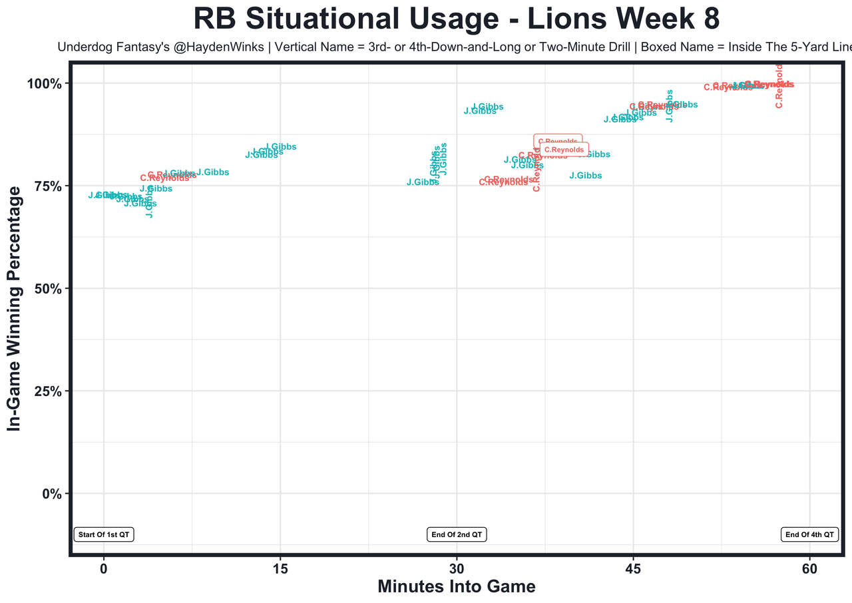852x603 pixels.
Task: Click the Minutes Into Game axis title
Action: [457, 586]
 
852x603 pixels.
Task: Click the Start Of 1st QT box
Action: [104, 534]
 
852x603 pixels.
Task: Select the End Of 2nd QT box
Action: [457, 534]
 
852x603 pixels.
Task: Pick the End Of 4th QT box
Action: [809, 534]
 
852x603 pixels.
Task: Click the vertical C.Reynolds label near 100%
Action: [779, 86]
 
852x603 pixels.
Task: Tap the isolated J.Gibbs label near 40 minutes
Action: [586, 176]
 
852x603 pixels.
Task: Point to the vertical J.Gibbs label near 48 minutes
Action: [670, 106]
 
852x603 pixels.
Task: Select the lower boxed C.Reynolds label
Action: [564, 150]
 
